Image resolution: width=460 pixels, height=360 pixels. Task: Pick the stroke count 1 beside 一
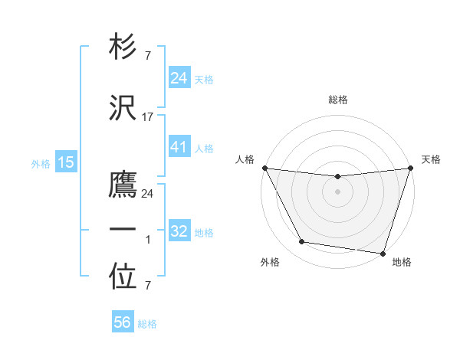pyautogui.click(x=147, y=241)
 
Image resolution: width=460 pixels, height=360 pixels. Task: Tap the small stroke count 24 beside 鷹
pyautogui.click(x=147, y=194)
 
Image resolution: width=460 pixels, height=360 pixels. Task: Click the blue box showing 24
pyautogui.click(x=179, y=78)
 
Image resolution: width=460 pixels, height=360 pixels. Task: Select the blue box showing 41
pyautogui.click(x=179, y=147)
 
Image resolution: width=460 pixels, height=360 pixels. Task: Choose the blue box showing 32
pyautogui.click(x=179, y=231)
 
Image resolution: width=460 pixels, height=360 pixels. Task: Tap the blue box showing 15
pyautogui.click(x=65, y=162)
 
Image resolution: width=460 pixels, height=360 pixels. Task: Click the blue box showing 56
pyautogui.click(x=123, y=323)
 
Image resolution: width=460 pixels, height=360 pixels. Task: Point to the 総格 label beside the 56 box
pyautogui.click(x=148, y=324)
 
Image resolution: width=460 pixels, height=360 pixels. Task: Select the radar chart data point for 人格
pyautogui.click(x=264, y=168)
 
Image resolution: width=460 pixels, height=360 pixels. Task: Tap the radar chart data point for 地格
pyautogui.click(x=383, y=253)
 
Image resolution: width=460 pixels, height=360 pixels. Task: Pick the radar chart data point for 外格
pyautogui.click(x=302, y=242)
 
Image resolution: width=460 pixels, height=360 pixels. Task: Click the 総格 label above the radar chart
pyautogui.click(x=337, y=100)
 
